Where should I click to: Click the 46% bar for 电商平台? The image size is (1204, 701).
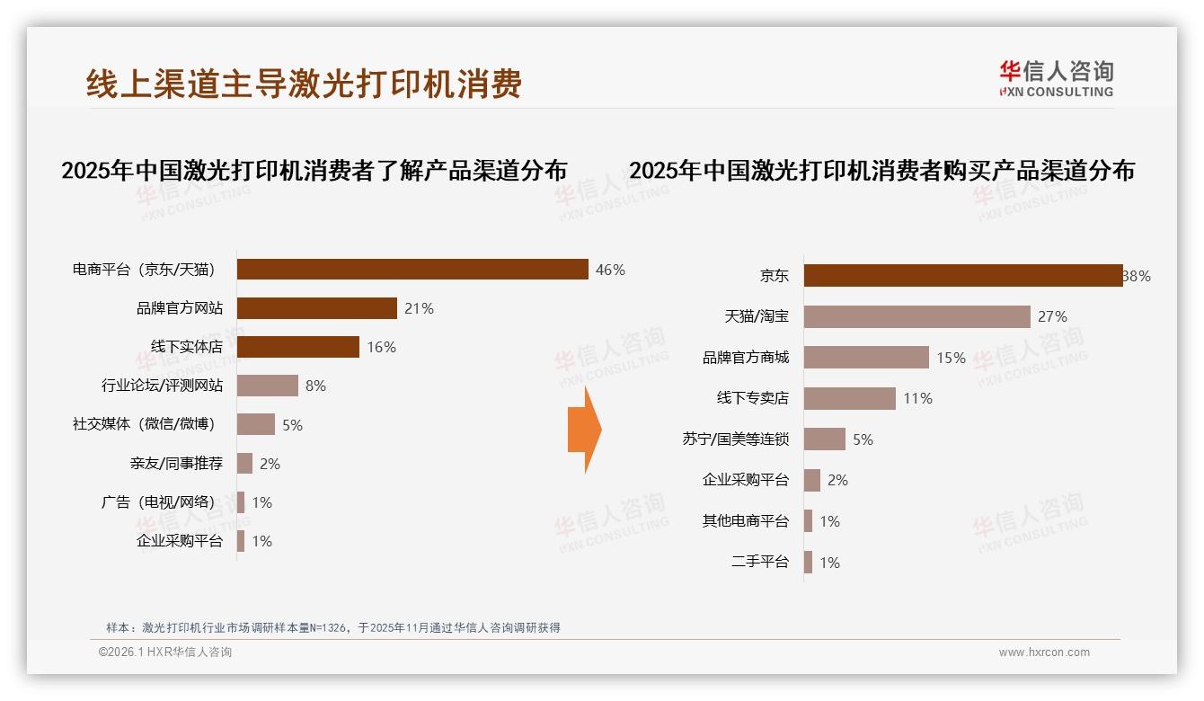[x=412, y=270]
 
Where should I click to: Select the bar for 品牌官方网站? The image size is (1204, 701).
[x=316, y=308]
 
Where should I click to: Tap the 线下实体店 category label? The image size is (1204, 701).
[x=186, y=347]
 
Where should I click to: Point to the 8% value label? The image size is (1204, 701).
[x=315, y=386]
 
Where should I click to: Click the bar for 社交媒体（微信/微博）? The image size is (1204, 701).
[x=256, y=424]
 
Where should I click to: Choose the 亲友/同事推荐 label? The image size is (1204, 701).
[x=176, y=464]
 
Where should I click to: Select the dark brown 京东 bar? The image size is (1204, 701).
[x=962, y=276]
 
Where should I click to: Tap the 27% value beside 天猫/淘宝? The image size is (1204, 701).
[x=1052, y=316]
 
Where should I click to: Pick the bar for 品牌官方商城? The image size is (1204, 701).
[x=866, y=358]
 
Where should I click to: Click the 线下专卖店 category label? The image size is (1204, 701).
[x=752, y=398]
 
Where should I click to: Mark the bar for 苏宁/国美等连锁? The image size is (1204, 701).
[x=825, y=439]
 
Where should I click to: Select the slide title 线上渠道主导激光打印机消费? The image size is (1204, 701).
[x=304, y=84]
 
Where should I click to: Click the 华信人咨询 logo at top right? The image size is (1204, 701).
[x=1056, y=78]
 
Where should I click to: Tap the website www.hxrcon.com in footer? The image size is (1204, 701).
[x=1044, y=652]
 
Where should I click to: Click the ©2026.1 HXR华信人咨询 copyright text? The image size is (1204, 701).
[x=164, y=652]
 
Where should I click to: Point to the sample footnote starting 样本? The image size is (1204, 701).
[x=332, y=627]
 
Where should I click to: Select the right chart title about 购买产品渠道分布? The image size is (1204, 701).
[x=881, y=170]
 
